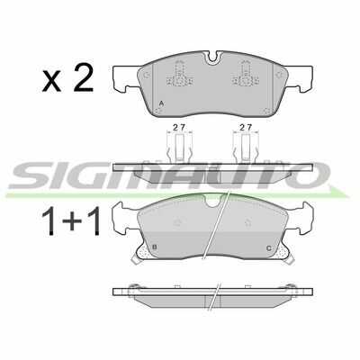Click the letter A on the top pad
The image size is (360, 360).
pyautogui.click(x=161, y=103)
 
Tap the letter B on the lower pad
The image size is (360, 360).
pyautogui.click(x=155, y=247)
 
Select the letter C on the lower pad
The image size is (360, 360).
pyautogui.click(x=269, y=248)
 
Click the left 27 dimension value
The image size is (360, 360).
pyautogui.click(x=179, y=127)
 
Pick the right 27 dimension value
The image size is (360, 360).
pyautogui.click(x=246, y=127)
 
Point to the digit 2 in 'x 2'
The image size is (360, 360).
pyautogui.click(x=84, y=77)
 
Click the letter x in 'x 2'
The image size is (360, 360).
pyautogui.click(x=51, y=81)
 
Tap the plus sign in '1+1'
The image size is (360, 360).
pyautogui.click(x=72, y=222)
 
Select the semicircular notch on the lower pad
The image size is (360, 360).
pyautogui.click(x=212, y=202)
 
